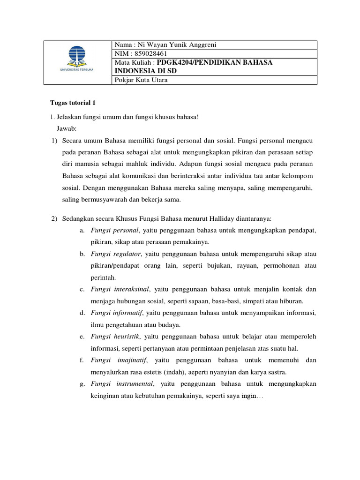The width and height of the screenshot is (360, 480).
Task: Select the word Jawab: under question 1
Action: tap(69, 128)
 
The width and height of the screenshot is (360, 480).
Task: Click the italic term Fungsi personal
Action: tap(115, 231)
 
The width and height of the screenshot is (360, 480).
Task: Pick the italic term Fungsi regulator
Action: tap(116, 254)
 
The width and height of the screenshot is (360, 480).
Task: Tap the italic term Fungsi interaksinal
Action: tap(119, 289)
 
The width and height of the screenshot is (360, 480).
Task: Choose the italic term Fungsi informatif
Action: tap(117, 313)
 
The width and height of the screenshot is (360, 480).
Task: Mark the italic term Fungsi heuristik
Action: tap(116, 336)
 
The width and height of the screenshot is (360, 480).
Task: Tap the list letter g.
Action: tap(82, 383)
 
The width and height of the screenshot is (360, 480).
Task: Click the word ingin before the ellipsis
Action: tap(248, 396)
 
